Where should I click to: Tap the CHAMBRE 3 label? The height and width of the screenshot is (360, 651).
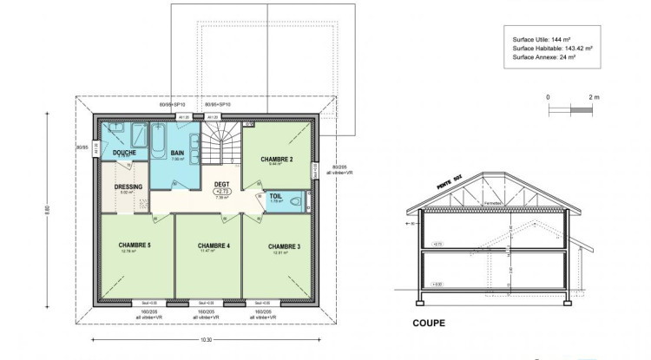pyautogui.click(x=284, y=246)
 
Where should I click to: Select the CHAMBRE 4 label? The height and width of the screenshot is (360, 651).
pyautogui.click(x=214, y=245)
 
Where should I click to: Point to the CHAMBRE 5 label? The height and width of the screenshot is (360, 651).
pyautogui.click(x=135, y=245)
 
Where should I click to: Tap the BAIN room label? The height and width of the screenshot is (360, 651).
pyautogui.click(x=177, y=153)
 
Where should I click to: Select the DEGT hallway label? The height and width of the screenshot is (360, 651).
pyautogui.click(x=221, y=184)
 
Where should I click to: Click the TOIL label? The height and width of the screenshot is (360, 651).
pyautogui.click(x=275, y=196)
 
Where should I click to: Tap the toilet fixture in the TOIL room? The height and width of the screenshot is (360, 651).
pyautogui.click(x=297, y=201)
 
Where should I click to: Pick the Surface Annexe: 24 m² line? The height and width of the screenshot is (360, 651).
pyautogui.click(x=542, y=57)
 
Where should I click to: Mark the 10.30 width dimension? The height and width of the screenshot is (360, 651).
pyautogui.click(x=207, y=339)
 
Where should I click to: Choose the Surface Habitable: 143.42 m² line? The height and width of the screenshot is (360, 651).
pyautogui.click(x=552, y=49)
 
